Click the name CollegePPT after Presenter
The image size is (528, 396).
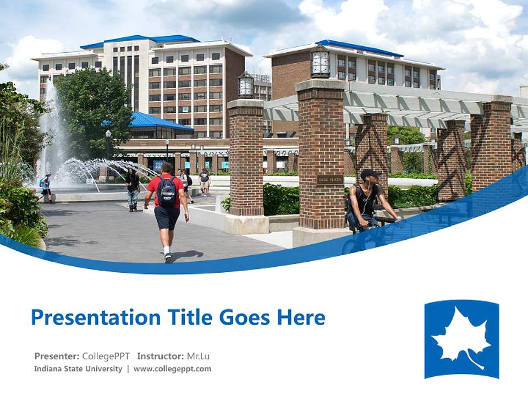point(106,356)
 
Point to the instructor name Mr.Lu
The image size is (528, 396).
point(199,356)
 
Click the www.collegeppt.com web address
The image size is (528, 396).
point(172,369)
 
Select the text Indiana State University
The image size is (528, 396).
point(78,369)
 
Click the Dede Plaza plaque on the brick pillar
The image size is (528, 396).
point(329,180)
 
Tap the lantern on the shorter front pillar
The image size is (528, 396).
point(245,86)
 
